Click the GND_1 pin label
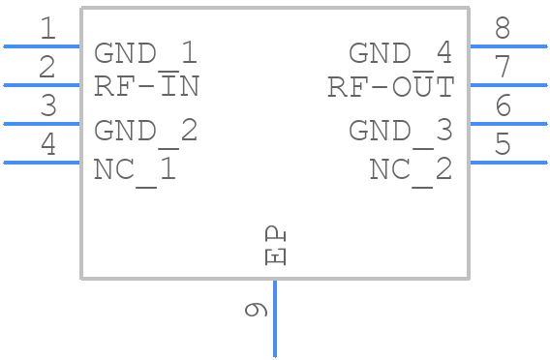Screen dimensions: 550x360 pos(145,53)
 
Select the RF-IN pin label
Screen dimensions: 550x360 pos(147,86)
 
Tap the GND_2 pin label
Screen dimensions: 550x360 pos(145,131)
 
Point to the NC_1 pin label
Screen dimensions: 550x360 pos(135,169)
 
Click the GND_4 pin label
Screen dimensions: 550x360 pos(400,53)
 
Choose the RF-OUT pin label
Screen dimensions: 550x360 pos(391,86)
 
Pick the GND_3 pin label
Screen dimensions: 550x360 pos(400,131)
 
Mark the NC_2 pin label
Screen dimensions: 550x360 pos(411,169)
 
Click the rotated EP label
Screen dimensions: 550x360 pos(276,246)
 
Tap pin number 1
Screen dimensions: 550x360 pos(48,28)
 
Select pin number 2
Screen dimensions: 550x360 pos(47,67)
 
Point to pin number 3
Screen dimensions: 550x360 pos(48,105)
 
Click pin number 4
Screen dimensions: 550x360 pos(48,144)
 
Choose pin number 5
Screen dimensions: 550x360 pos(503,144)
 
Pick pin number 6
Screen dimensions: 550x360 pos(503,105)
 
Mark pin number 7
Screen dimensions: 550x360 pos(503,67)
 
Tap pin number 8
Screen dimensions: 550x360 pos(503,28)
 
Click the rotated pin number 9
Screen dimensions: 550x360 pos(256,310)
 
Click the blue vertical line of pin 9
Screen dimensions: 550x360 pos(275,318)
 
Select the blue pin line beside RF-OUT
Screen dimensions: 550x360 pos(508,85)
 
